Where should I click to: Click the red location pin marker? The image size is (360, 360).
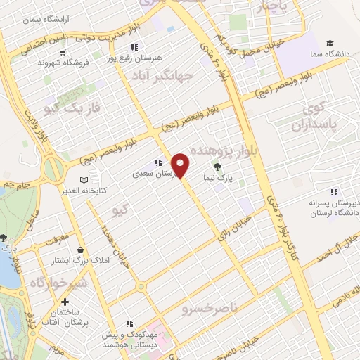(x=181, y=165)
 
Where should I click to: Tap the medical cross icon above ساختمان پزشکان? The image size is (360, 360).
(x=65, y=302)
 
